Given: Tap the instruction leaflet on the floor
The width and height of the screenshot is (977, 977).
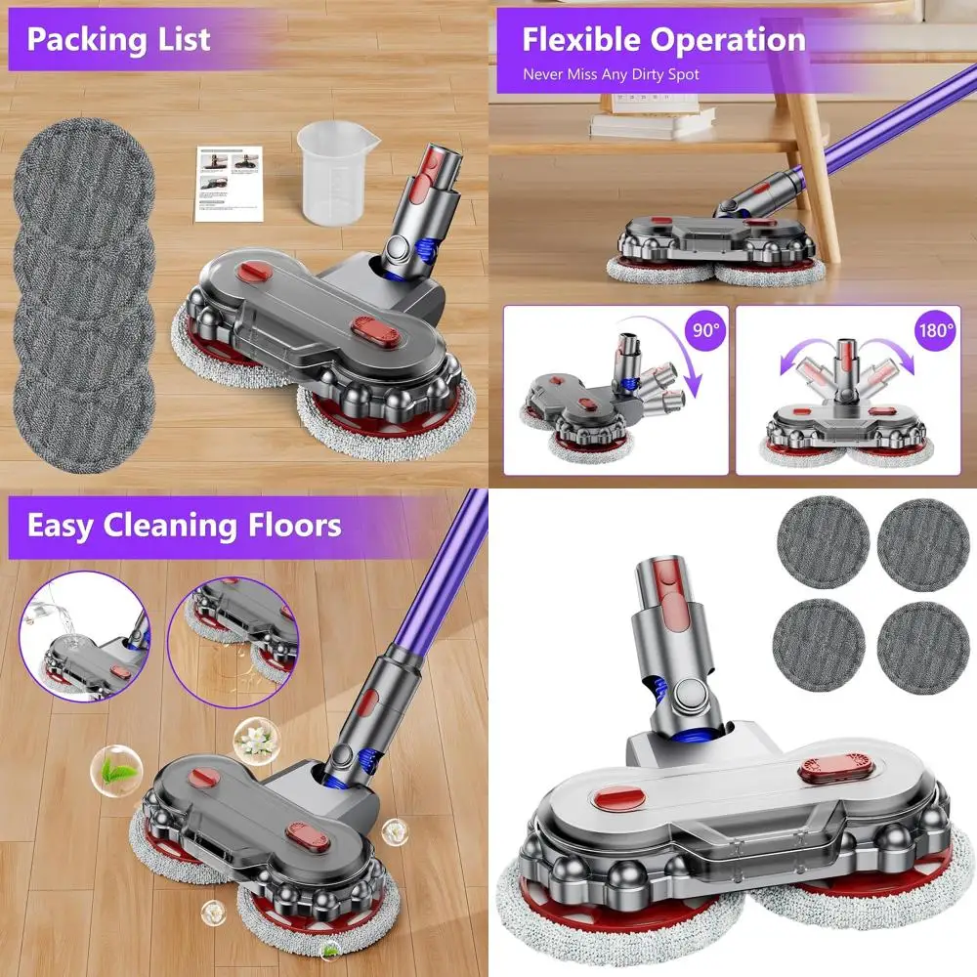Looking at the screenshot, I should [229, 183].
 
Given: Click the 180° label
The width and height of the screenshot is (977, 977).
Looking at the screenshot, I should [935, 329].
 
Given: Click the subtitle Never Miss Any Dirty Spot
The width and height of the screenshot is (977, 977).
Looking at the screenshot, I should [611, 74].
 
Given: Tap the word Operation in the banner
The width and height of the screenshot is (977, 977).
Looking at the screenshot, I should [729, 40].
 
